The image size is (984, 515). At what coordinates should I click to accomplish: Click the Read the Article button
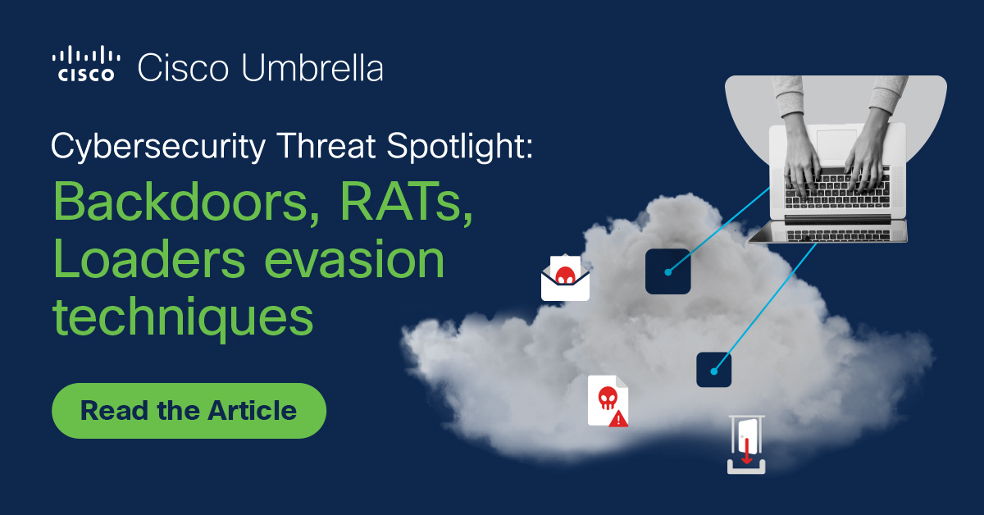189,410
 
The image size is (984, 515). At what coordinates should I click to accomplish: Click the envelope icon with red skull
565,278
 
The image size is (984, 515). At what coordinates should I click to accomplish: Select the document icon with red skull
607,399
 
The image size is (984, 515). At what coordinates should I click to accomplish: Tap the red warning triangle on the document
619,418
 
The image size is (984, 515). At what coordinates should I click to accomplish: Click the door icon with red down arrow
746,444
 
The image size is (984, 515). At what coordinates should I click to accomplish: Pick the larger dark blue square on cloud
667,271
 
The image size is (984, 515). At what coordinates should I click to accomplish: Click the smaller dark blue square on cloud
713,370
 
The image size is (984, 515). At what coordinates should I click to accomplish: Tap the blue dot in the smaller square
714,371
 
